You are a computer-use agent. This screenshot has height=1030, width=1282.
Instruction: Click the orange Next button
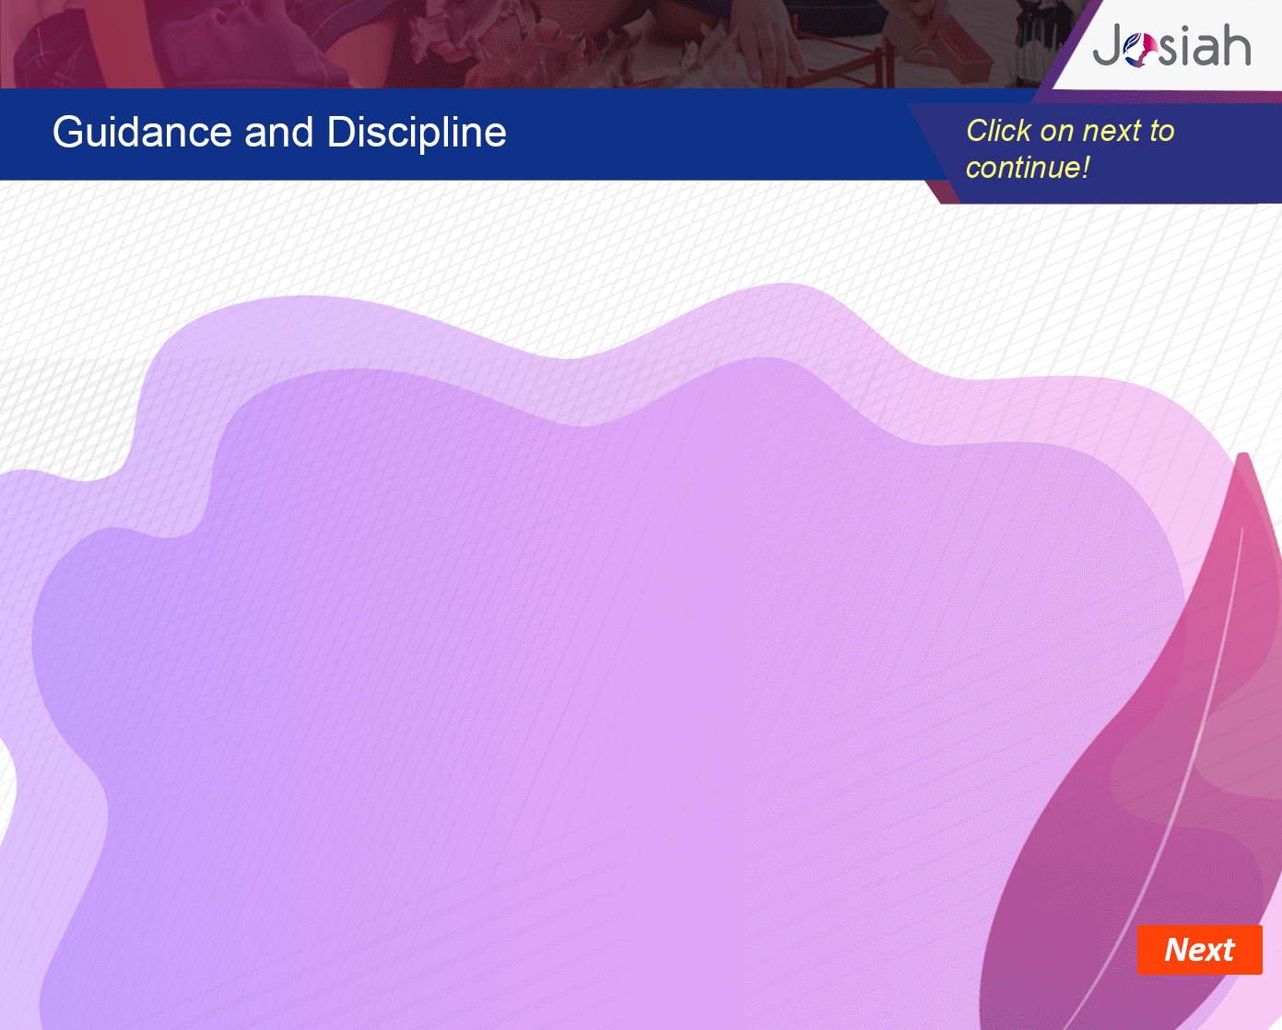(1199, 950)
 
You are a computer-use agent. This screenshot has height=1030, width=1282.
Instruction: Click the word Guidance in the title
(142, 132)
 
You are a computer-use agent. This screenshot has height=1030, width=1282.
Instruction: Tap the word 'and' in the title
(279, 132)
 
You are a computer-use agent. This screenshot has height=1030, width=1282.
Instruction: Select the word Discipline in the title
(417, 134)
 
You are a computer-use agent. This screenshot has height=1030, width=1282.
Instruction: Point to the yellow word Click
(998, 131)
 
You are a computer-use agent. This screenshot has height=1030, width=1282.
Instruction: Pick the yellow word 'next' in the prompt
(1111, 131)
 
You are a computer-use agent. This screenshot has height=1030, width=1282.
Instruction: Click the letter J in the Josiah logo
(1108, 45)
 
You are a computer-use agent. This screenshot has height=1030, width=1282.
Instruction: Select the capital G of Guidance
(68, 132)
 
